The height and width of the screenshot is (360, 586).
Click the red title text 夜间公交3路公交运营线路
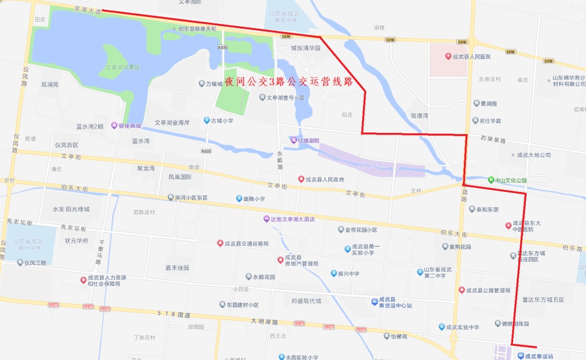(289, 82)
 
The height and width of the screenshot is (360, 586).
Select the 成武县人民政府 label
(324, 179)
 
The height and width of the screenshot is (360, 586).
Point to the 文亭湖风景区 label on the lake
(123, 67)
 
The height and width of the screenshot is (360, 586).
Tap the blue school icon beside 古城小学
(206, 120)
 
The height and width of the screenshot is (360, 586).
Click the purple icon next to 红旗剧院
(294, 140)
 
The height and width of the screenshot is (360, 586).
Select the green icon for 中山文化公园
(491, 180)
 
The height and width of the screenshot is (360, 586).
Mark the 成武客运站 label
(539, 356)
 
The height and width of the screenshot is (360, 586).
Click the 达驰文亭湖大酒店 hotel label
(293, 219)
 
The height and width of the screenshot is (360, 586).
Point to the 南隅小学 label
(254, 199)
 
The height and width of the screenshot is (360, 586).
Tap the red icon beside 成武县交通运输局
(220, 243)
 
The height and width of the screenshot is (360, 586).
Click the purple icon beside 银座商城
(114, 126)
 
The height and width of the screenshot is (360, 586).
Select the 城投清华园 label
(305, 48)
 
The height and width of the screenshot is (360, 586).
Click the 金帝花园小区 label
(361, 230)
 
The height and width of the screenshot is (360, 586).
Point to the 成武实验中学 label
(462, 327)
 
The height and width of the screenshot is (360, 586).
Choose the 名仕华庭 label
(490, 120)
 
